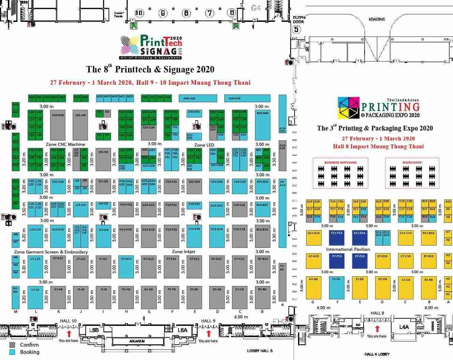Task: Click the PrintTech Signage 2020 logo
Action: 151,46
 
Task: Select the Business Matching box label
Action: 340,163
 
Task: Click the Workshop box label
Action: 412,163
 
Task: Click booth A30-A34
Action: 198,98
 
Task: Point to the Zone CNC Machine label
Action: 65,144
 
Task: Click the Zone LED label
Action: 204,145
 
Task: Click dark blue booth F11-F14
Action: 337,238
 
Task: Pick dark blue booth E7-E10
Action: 360,261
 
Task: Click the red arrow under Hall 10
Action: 69,333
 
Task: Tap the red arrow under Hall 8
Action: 377,329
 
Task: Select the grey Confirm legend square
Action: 13,345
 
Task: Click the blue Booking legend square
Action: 13,352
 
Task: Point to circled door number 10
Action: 139,13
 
